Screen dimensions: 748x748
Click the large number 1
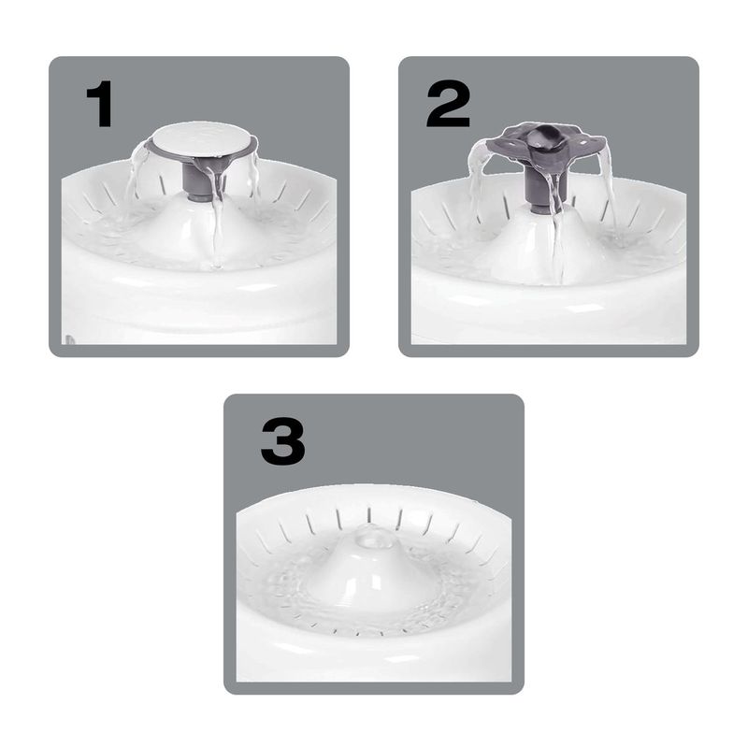coord(100,104)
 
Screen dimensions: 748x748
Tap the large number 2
coord(449,104)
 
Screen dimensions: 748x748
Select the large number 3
coord(283,441)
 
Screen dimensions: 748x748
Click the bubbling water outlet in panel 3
coord(375,536)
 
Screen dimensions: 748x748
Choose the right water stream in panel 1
coord(255,177)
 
